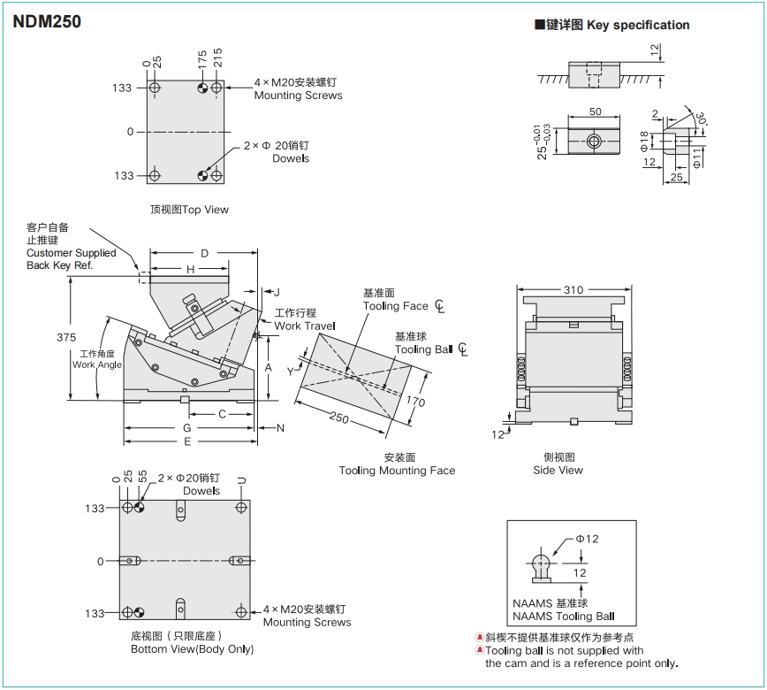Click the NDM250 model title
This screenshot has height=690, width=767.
tap(47, 21)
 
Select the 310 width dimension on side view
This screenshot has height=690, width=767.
tap(573, 289)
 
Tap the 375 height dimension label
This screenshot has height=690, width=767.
tap(65, 338)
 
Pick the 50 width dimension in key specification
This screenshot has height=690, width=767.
tap(595, 111)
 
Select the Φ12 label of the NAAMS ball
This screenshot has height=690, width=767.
tap(588, 539)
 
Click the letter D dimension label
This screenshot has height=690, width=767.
tap(204, 254)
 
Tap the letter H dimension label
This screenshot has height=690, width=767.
tap(190, 269)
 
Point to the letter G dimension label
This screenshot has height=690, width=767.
tap(186, 428)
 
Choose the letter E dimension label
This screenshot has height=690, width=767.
tap(187, 441)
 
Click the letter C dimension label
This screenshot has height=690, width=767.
tap(222, 414)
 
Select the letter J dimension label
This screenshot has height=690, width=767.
tap(276, 291)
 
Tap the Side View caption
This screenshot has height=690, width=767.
tap(558, 470)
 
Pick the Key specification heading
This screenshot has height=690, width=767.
tap(637, 25)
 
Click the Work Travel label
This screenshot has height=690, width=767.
tap(305, 326)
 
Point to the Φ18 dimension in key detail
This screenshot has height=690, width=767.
tap(644, 142)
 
